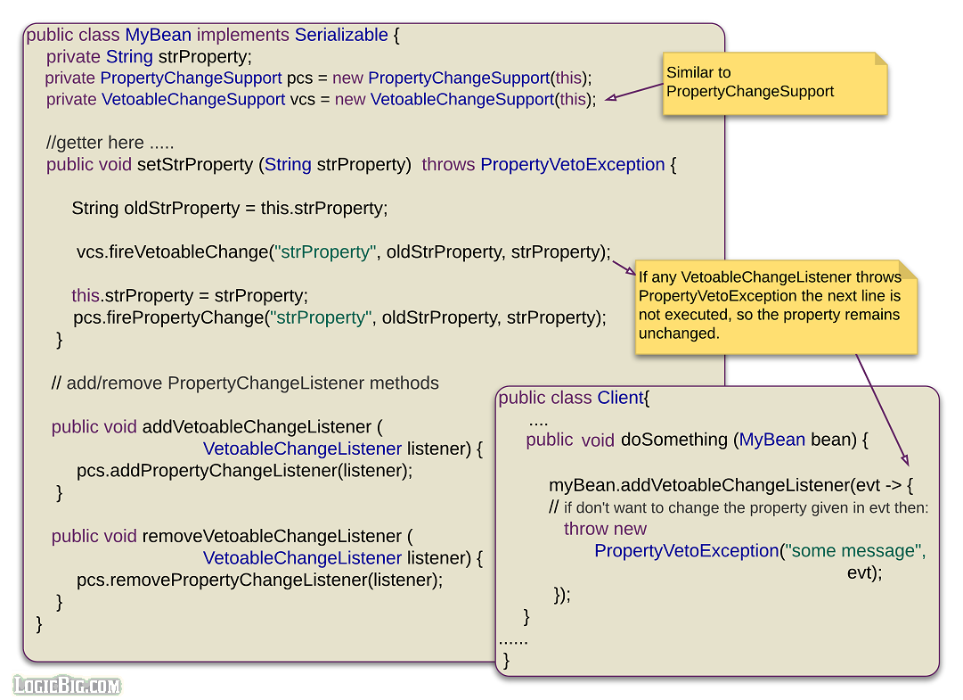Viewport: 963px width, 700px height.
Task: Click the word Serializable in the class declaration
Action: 341,36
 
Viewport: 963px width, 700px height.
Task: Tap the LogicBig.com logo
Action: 67,685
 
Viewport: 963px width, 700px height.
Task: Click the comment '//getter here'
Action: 110,143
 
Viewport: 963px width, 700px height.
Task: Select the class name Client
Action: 620,398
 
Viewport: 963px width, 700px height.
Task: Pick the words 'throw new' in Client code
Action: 605,529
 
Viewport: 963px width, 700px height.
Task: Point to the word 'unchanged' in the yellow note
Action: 678,334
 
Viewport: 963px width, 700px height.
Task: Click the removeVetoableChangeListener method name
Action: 272,536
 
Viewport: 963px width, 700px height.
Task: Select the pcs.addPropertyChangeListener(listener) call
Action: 244,470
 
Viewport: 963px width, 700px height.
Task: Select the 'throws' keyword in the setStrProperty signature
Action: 448,165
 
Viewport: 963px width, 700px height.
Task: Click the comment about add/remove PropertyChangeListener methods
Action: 245,383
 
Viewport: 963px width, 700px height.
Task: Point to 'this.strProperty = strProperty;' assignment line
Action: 190,296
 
